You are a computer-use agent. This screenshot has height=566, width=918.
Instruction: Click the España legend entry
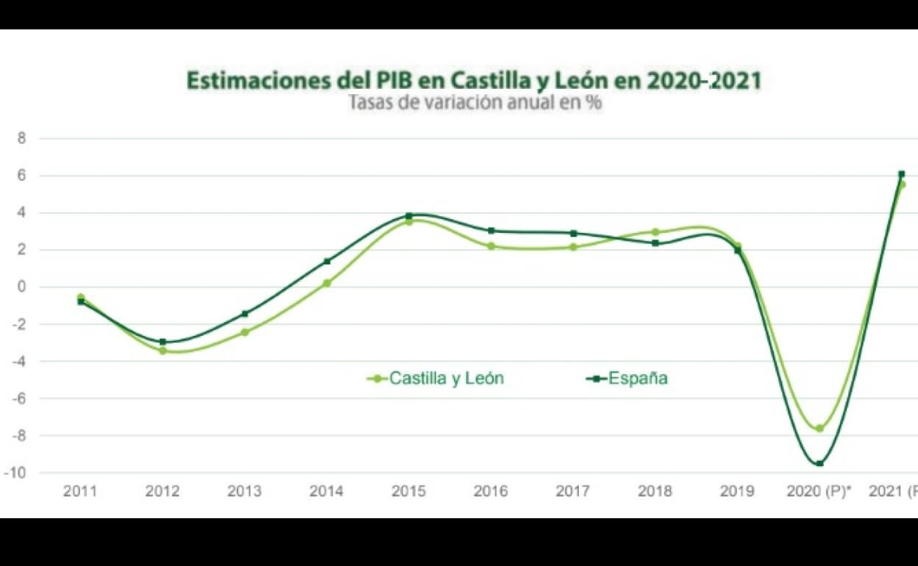(627, 379)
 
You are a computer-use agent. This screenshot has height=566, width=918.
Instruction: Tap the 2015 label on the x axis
(408, 492)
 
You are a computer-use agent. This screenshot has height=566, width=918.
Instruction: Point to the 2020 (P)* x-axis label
(819, 492)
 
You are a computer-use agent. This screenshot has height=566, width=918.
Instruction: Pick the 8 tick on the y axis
(21, 138)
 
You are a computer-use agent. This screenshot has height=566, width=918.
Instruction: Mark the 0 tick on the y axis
(21, 287)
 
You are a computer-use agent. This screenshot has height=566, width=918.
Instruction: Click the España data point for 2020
(819, 463)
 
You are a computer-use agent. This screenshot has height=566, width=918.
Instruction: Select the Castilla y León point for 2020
(819, 428)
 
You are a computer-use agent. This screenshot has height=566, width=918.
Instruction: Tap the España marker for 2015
(409, 216)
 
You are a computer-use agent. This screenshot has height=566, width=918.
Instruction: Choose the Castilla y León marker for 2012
(163, 351)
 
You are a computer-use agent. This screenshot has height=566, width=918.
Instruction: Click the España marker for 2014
(327, 261)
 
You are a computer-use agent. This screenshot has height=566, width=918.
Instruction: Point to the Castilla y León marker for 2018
(655, 232)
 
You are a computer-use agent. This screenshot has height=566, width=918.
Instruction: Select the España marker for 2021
(901, 174)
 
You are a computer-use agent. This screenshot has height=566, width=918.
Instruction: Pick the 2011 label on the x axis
(80, 492)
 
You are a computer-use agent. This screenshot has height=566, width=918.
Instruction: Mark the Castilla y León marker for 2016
(491, 246)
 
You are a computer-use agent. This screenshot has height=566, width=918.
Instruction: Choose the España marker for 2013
(245, 314)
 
